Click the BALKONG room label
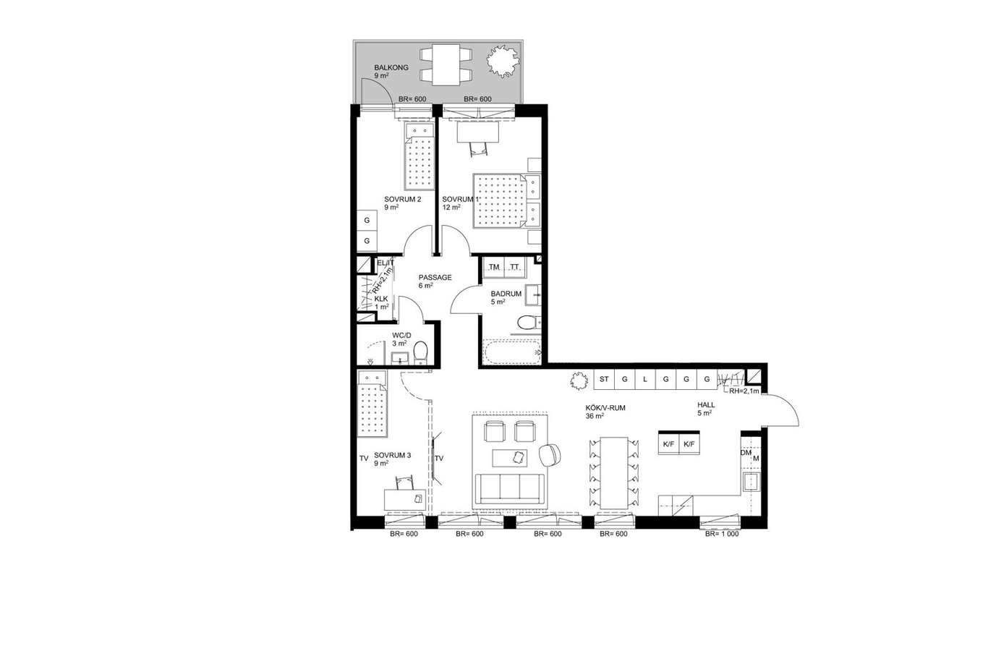[391, 67]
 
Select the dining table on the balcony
[446, 65]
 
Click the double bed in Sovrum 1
[506, 200]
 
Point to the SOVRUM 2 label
[402, 200]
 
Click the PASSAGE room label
[435, 278]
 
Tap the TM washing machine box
[494, 268]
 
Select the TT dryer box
[515, 268]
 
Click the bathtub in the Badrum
[511, 352]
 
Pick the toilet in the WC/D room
[420, 352]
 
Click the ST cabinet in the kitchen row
[604, 379]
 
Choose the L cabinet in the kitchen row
[645, 379]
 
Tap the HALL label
[706, 405]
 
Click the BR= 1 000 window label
[722, 534]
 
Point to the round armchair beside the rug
[550, 454]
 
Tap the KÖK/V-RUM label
[605, 408]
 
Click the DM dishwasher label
[746, 453]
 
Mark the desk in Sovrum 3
[405, 499]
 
